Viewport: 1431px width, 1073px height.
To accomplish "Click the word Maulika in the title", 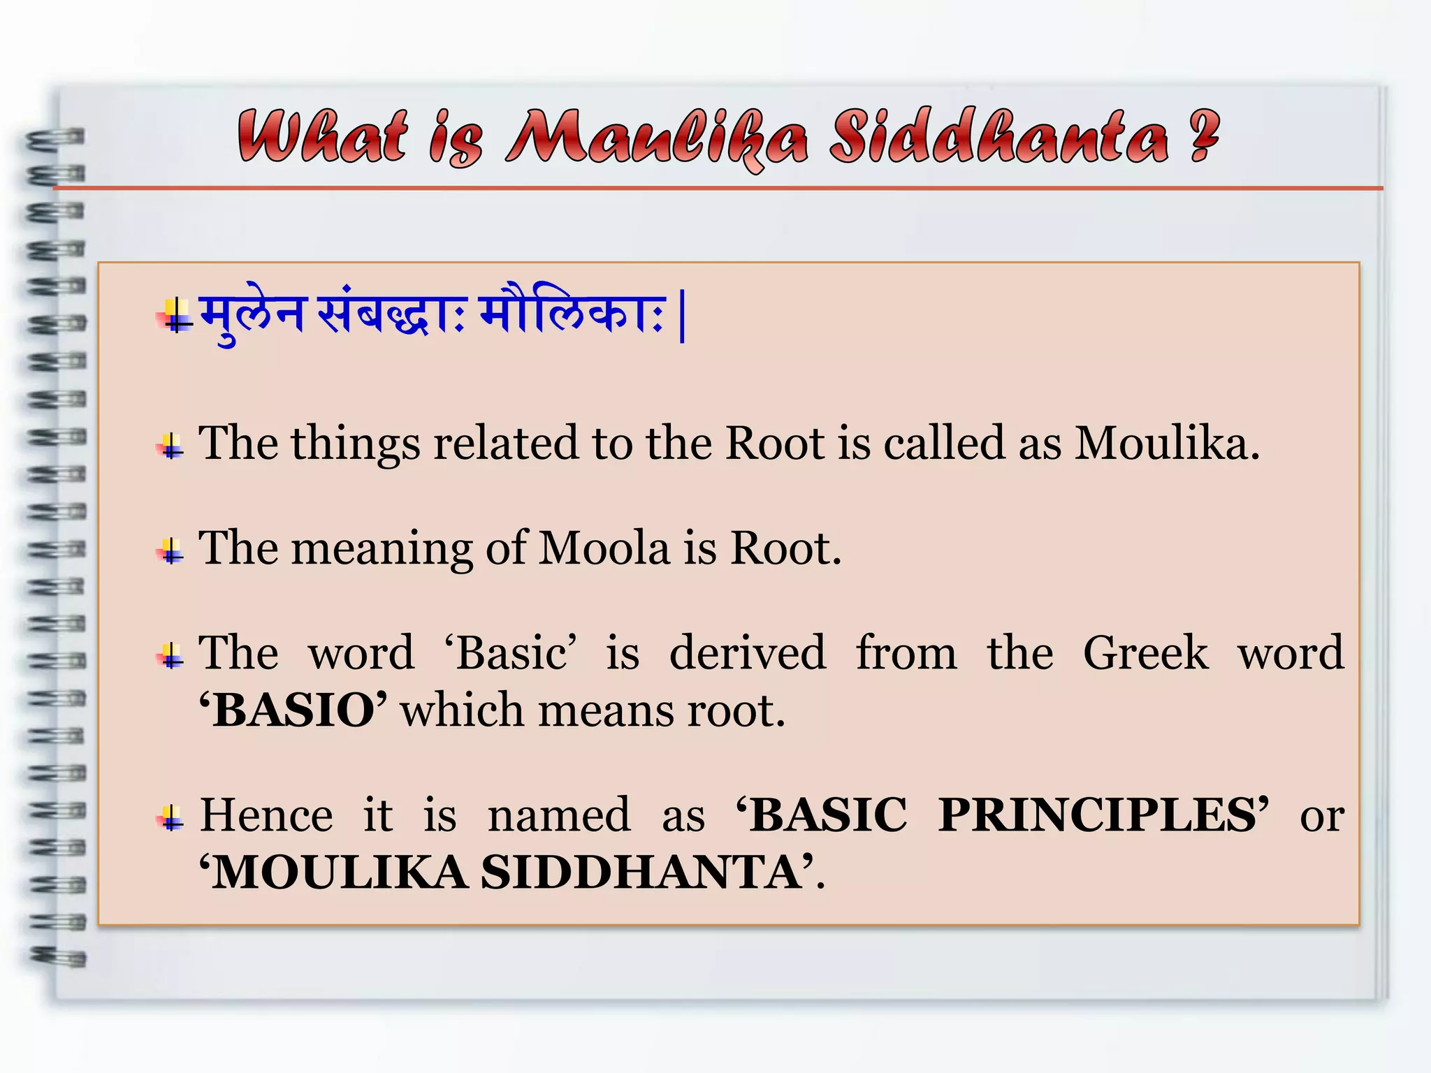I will tap(657, 138).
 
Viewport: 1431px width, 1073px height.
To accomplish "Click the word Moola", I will tap(604, 548).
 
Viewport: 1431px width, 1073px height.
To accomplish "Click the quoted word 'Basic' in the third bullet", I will tap(511, 653).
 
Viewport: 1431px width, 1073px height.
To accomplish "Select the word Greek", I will tap(1145, 653).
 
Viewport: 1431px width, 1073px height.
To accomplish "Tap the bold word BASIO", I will tap(293, 710).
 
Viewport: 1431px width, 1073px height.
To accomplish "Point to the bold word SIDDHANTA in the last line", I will tap(641, 873).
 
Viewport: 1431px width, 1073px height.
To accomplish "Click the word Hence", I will tap(266, 815).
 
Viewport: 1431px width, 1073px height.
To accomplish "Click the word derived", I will tap(747, 653).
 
